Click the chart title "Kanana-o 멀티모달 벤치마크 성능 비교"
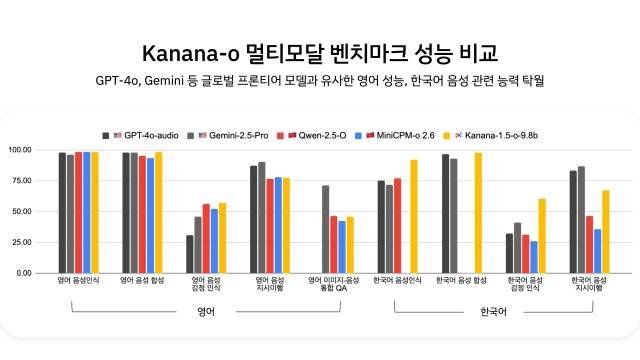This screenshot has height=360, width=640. pos(320,52)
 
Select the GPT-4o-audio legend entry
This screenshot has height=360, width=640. pos(150,134)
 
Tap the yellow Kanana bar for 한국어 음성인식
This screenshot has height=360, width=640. pos(414,216)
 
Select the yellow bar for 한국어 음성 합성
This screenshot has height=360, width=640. pos(478,213)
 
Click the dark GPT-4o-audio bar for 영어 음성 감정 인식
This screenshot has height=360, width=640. pos(190,254)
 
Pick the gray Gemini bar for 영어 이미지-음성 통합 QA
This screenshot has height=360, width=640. pos(326,229)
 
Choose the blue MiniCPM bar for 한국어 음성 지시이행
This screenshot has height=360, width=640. pos(598,251)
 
